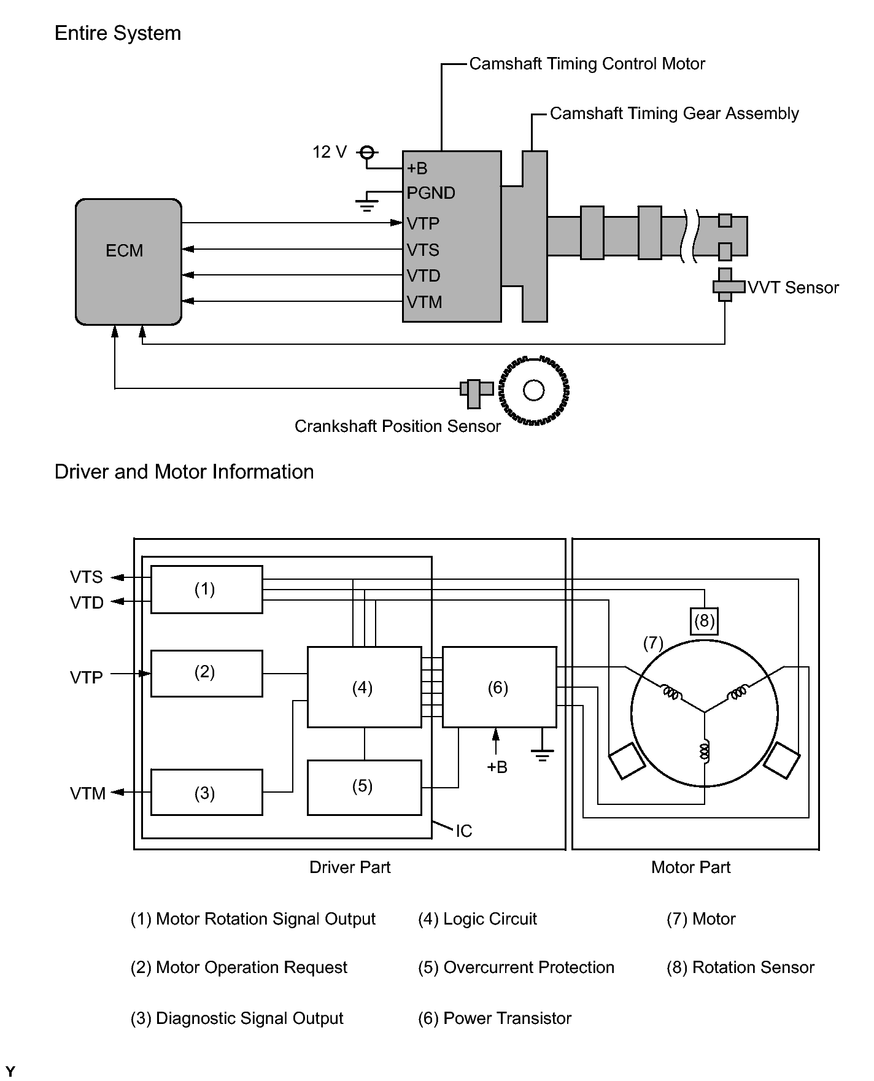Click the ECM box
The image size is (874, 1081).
coord(128,261)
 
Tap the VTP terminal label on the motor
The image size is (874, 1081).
coord(423,223)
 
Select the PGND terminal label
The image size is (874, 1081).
coord(431,193)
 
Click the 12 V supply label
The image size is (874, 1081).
coord(330,152)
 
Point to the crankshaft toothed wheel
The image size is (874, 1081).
coord(534,390)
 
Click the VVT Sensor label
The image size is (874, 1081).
coord(793,288)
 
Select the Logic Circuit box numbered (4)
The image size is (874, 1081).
coord(364,687)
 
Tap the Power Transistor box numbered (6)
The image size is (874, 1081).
coord(499,687)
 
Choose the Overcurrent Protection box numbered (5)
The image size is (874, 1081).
coord(364,787)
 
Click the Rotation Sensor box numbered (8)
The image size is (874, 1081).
coord(704,621)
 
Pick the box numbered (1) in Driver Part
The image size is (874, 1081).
coord(206,590)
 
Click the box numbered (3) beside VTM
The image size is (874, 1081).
coord(206,793)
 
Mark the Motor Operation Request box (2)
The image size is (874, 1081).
coord(206,673)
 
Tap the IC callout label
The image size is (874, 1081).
coord(464,831)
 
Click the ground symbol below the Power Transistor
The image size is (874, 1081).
coord(542,754)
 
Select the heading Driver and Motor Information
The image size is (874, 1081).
coord(184,472)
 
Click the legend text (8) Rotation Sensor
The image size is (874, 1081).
coord(740,968)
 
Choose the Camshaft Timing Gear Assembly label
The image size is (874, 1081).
coord(674,113)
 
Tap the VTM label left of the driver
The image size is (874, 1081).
coord(88,794)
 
